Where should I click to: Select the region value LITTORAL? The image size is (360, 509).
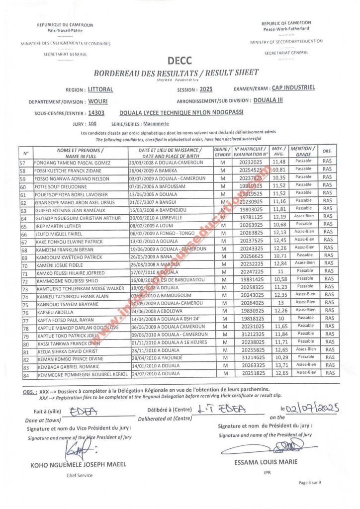pos(100,90)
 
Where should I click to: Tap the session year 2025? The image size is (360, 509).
pos(206,90)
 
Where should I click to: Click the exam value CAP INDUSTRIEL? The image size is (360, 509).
pos(293,88)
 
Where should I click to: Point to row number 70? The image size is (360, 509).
pos(23,264)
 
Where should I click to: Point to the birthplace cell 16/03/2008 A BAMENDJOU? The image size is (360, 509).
pos(159,210)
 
